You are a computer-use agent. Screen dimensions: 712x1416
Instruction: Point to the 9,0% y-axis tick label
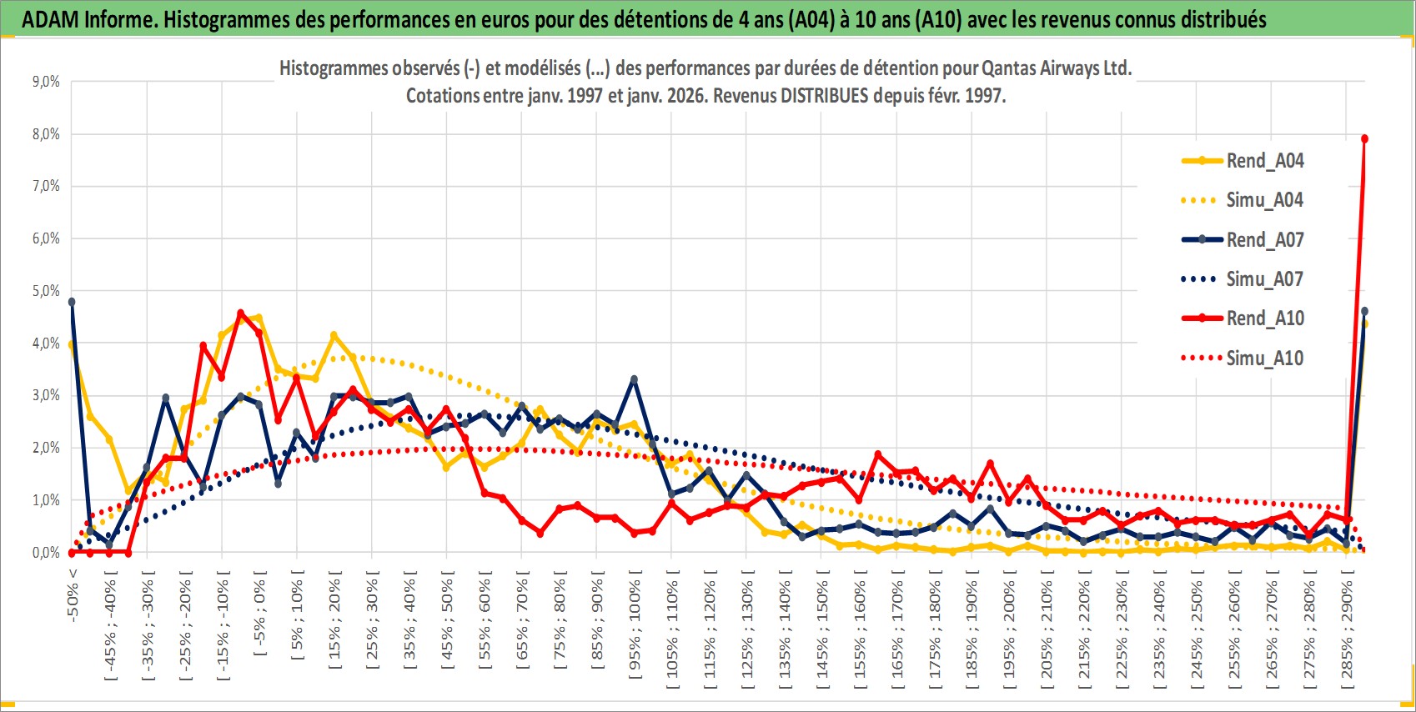(46, 82)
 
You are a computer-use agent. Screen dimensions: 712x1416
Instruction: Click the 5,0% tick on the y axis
(46, 291)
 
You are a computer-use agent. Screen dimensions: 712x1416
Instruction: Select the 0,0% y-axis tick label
(46, 553)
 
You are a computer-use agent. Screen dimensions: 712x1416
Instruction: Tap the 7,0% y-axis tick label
(46, 186)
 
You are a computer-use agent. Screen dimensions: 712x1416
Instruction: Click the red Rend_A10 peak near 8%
(1364, 139)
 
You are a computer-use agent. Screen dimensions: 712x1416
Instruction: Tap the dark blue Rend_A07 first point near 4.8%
(72, 302)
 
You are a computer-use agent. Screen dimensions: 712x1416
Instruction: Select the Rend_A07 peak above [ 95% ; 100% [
(634, 379)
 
